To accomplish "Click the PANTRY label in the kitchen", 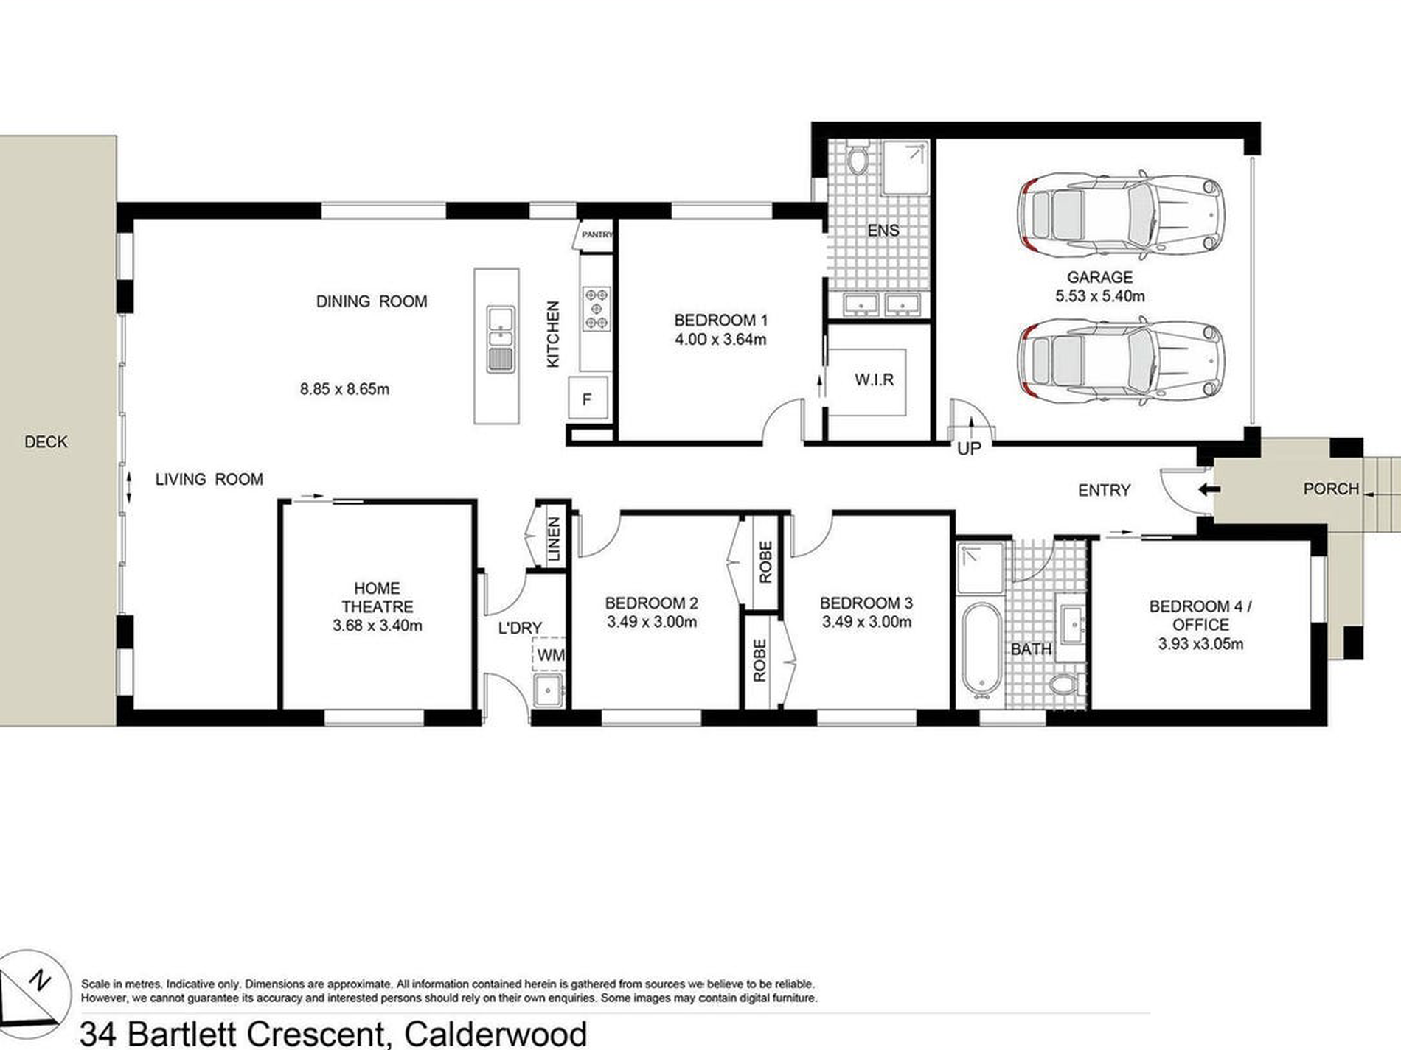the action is (597, 234).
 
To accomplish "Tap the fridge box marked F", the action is (588, 398).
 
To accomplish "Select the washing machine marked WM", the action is (549, 654).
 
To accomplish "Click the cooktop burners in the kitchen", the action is (596, 308).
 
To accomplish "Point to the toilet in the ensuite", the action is (858, 161).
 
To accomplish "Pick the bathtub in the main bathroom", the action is (980, 651).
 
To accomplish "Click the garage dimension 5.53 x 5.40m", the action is (1099, 296).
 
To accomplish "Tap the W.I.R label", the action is (874, 379).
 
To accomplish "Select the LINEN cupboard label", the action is (555, 539).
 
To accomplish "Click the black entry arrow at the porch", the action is (1206, 489).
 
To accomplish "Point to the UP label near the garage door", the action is (968, 448).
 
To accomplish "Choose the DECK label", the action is (46, 441).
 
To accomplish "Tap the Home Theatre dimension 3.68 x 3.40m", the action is (377, 626).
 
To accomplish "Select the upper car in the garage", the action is (1121, 214).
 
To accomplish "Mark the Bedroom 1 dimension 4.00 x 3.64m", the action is (720, 339).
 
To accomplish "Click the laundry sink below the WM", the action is (549, 690).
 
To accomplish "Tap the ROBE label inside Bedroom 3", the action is (759, 660).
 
